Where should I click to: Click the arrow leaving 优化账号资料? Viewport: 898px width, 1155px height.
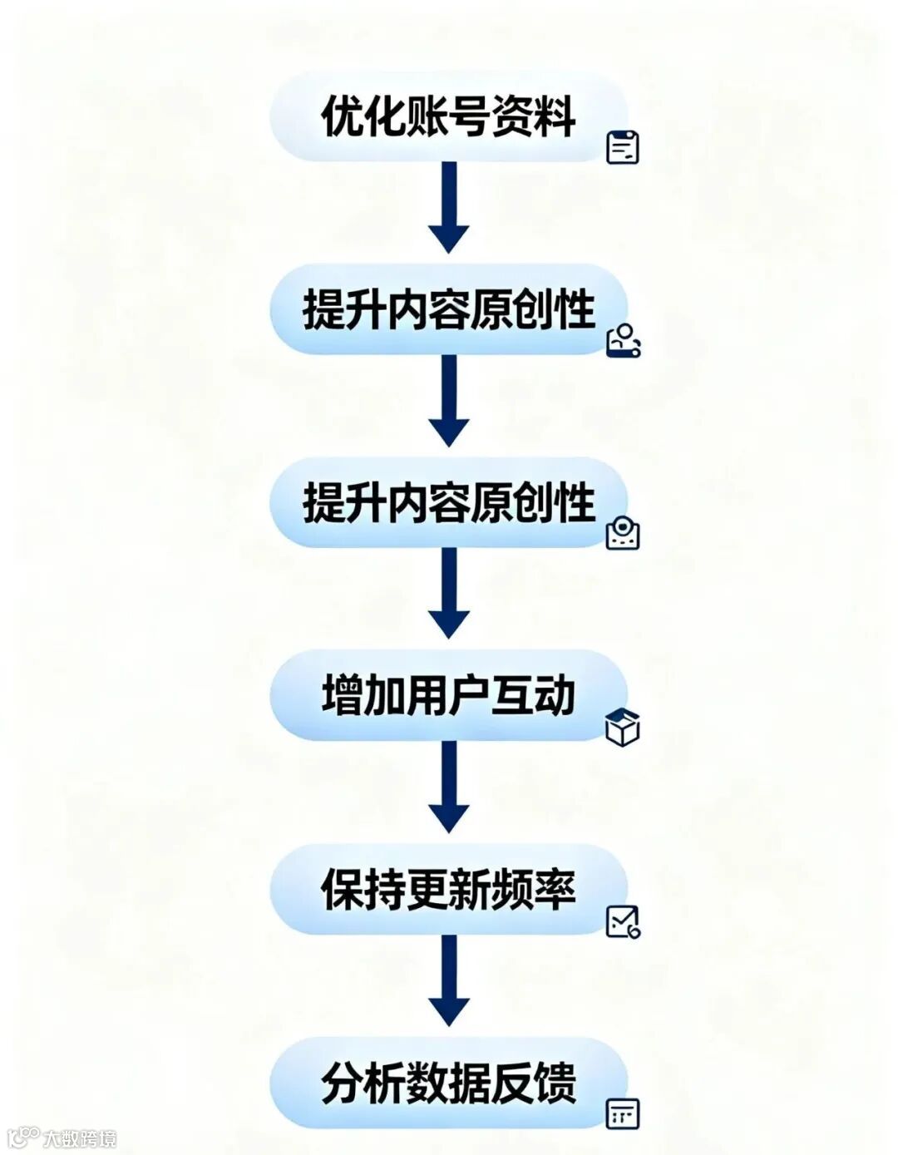(449, 208)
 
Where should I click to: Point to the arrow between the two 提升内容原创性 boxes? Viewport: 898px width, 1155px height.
(449, 401)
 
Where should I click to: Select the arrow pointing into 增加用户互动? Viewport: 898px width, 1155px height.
(449, 594)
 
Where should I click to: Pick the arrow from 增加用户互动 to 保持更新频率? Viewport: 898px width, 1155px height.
(449, 787)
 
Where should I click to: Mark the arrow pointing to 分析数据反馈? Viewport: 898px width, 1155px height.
(449, 980)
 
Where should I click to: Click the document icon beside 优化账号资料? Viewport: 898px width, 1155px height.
(623, 147)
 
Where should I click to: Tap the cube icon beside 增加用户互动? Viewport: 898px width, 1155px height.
(623, 728)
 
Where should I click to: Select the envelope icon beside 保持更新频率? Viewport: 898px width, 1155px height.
(623, 921)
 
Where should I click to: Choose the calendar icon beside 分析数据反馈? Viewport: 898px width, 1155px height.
(623, 1113)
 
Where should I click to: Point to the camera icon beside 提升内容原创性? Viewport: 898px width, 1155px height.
(623, 533)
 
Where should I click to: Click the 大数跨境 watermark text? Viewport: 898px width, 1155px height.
(80, 1138)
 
